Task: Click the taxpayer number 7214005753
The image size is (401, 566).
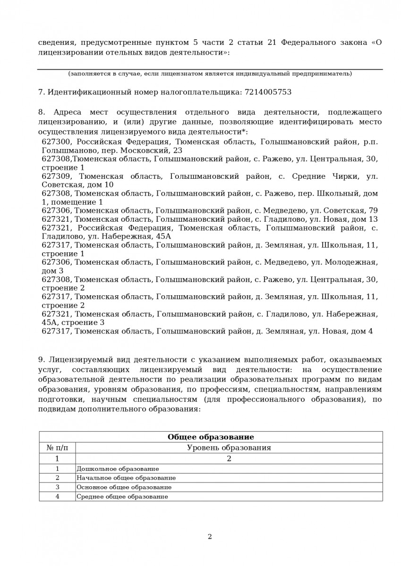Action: pos(268,92)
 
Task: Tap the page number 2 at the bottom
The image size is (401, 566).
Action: pos(210,536)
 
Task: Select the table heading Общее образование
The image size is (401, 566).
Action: pos(211,437)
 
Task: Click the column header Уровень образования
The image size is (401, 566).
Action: pos(229,448)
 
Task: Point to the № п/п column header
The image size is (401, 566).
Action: pos(57,448)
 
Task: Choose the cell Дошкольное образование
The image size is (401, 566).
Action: pos(118,469)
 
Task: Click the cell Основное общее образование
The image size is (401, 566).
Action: pos(124,487)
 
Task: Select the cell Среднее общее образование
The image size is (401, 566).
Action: pos(122,497)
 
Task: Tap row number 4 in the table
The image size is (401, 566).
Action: pos(57,497)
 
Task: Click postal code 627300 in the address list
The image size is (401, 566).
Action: pos(57,141)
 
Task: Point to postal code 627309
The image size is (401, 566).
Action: pos(57,176)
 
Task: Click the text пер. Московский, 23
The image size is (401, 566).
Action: pos(141,150)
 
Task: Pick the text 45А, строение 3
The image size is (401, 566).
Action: pos(73,323)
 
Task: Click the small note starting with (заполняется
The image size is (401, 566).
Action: pos(210,74)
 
